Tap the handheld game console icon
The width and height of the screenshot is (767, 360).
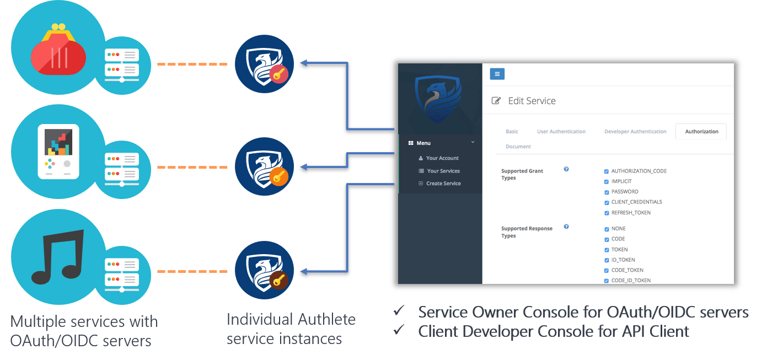pyautogui.click(x=58, y=151)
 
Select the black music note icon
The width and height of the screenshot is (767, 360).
pyautogui.click(x=57, y=257)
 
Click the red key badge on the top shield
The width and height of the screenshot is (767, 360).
pyautogui.click(x=278, y=73)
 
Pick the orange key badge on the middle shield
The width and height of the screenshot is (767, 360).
pyautogui.click(x=278, y=176)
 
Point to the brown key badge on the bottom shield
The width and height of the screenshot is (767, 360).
pyautogui.click(x=278, y=280)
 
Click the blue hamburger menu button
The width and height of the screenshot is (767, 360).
pyautogui.click(x=497, y=73)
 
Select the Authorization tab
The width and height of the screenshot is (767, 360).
pyautogui.click(x=701, y=131)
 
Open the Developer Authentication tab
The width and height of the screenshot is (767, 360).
pyautogui.click(x=635, y=131)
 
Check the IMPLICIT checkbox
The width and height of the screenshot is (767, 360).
pyautogui.click(x=607, y=182)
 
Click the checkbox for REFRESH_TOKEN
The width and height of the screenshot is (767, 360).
pyautogui.click(x=607, y=213)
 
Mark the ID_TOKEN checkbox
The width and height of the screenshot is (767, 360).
pyautogui.click(x=607, y=260)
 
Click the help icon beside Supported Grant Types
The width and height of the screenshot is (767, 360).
pyautogui.click(x=566, y=169)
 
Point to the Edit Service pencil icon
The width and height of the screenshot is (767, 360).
pyautogui.click(x=496, y=100)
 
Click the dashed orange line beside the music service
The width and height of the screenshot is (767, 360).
pyautogui.click(x=192, y=271)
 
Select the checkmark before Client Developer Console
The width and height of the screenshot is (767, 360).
pyautogui.click(x=399, y=330)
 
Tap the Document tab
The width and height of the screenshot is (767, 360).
pyautogui.click(x=518, y=147)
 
